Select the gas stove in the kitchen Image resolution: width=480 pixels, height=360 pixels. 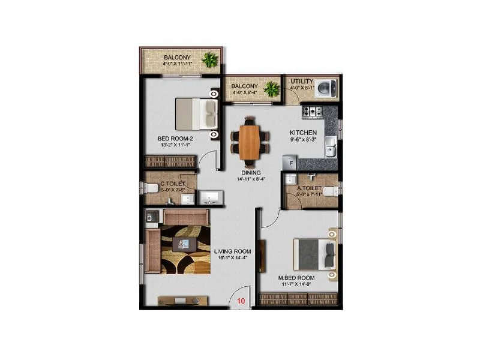(312, 112)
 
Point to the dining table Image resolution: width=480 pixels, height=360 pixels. (250, 142)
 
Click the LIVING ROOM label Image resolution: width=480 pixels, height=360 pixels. (232, 251)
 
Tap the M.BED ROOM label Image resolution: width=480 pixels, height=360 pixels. (296, 278)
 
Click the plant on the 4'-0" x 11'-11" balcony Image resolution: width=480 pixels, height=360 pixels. (210, 59)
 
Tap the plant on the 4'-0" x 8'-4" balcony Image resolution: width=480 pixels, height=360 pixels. (272, 89)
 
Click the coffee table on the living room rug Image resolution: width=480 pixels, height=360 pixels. (184, 244)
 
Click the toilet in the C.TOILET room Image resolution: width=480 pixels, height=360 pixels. (152, 188)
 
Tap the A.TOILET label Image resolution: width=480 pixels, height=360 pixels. (309, 187)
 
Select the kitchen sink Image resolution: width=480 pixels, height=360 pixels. (329, 147)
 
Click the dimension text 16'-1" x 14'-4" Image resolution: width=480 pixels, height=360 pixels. (232, 258)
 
